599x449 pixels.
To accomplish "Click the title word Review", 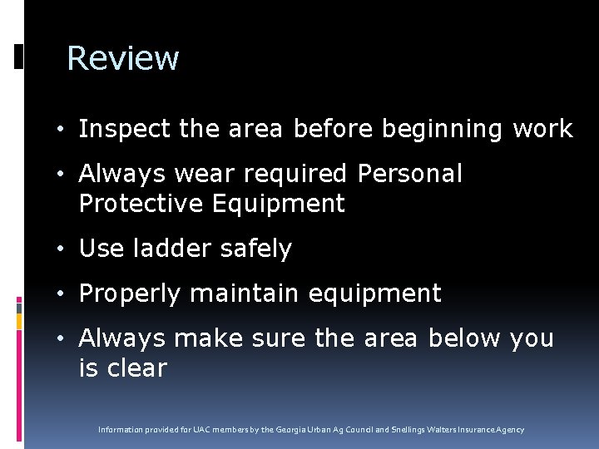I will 122,58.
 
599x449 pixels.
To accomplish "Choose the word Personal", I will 409,175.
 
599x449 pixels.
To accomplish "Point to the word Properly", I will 131,294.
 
